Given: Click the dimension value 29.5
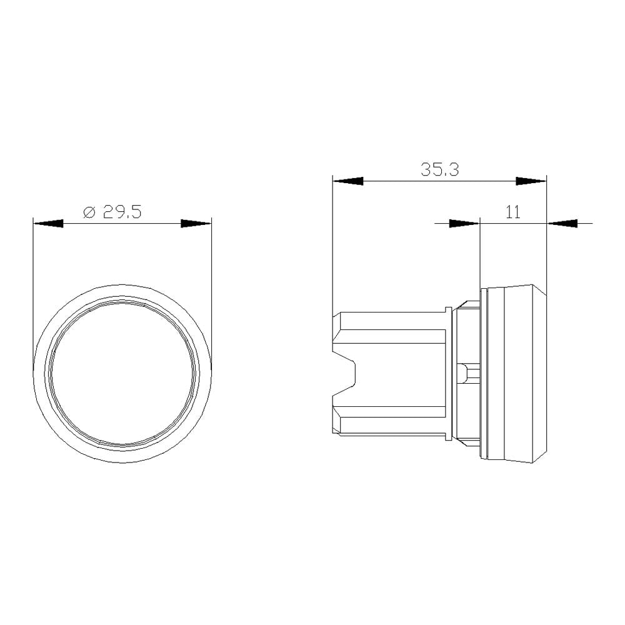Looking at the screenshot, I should tap(122, 212).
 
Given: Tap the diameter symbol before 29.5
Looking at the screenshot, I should tap(89, 212).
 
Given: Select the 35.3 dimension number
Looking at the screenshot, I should tap(439, 170).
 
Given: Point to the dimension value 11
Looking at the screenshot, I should tap(513, 212).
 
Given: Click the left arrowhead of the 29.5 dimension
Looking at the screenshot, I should tap(48, 223).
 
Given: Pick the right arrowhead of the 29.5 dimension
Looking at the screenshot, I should tap(196, 223).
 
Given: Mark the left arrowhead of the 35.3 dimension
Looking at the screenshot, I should tap(348, 181).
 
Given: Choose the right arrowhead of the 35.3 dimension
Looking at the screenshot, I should tap(531, 181).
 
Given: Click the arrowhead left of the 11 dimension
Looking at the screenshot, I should tap(464, 222).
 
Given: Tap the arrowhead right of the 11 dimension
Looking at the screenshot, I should tap(562, 222).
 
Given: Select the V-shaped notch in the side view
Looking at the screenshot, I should tap(347, 375).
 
